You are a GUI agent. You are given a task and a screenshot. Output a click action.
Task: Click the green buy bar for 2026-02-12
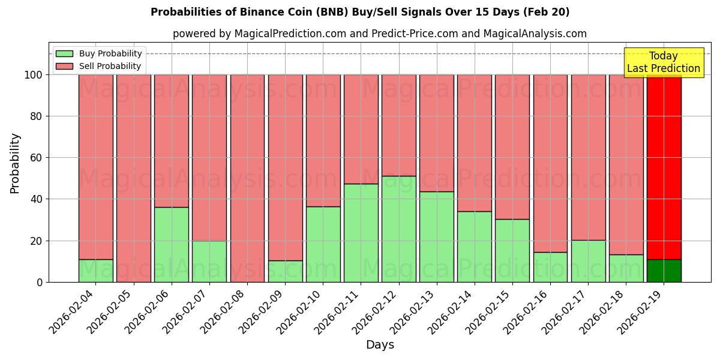coord(399,229)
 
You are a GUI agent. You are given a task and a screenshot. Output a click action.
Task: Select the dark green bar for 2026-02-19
coord(664,271)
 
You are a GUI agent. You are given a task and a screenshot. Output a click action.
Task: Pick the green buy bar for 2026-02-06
coord(172,244)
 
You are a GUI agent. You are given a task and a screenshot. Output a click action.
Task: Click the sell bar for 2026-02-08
coord(247,178)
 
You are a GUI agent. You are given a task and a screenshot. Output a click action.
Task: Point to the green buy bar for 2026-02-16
coord(550,267)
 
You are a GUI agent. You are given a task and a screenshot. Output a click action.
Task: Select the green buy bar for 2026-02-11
coord(361,233)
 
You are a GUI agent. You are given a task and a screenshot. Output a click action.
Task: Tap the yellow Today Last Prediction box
coord(664,62)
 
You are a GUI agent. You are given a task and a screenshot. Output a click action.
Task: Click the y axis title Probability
coord(15,163)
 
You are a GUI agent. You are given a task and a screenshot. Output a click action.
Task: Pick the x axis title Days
coord(380,345)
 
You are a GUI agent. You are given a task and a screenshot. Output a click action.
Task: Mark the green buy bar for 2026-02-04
coord(96,271)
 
